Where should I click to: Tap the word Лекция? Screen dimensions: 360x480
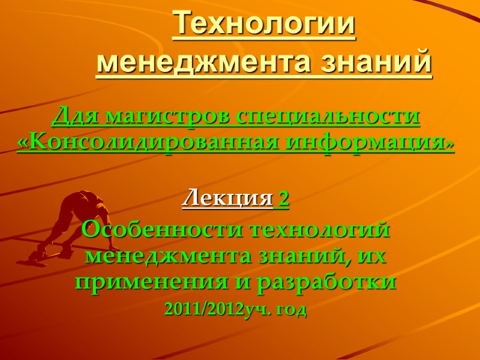[227, 199]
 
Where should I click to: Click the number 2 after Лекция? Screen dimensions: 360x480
[284, 199]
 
